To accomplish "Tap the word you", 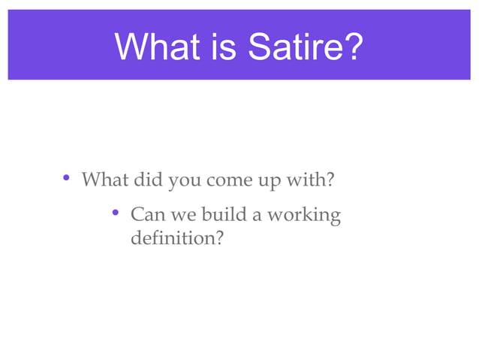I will [x=184, y=182].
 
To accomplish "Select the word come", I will [x=228, y=182].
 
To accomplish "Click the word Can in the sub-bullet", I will [x=146, y=216].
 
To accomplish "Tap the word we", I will [x=179, y=216].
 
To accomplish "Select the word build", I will [x=223, y=216].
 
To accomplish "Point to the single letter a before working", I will [x=257, y=216].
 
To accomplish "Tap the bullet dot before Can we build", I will [x=116, y=215].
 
